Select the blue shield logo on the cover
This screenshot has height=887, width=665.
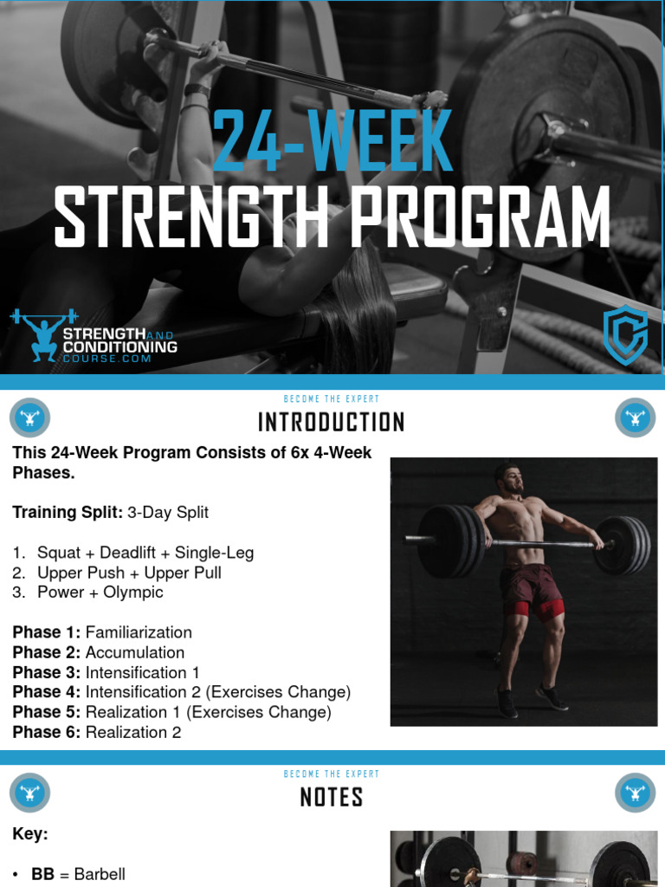[x=625, y=333]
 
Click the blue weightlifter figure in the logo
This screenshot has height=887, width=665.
[x=43, y=333]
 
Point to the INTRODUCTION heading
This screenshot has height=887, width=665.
[x=332, y=423]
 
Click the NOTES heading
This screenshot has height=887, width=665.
[x=332, y=797]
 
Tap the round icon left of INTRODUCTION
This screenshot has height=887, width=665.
[x=30, y=418]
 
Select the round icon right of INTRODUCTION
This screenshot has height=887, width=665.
[x=635, y=418]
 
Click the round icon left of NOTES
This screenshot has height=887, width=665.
[x=30, y=793]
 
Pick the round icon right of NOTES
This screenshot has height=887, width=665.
[x=635, y=793]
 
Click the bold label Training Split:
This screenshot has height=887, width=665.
[x=68, y=512]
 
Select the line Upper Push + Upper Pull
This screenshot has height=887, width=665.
[x=129, y=573]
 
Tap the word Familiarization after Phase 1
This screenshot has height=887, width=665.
[x=139, y=632]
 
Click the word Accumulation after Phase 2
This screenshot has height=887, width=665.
[x=135, y=652]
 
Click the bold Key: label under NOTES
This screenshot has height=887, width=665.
[x=30, y=834]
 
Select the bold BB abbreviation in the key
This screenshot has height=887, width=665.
[x=42, y=874]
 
